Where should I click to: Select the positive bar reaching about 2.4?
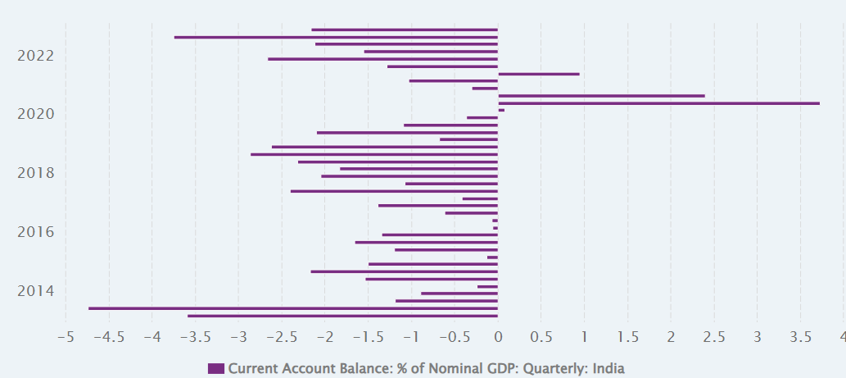point(601,96)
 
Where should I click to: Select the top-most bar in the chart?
point(405,30)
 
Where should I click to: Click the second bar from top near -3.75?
point(336,37)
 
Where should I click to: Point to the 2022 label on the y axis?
point(35,56)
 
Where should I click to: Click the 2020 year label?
point(35,114)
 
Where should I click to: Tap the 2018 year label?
point(35,173)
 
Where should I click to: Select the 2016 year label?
point(35,232)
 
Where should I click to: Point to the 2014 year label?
point(35,291)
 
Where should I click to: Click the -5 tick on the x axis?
point(66,336)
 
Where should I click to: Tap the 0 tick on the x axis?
point(498,336)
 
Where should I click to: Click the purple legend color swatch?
point(216,369)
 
